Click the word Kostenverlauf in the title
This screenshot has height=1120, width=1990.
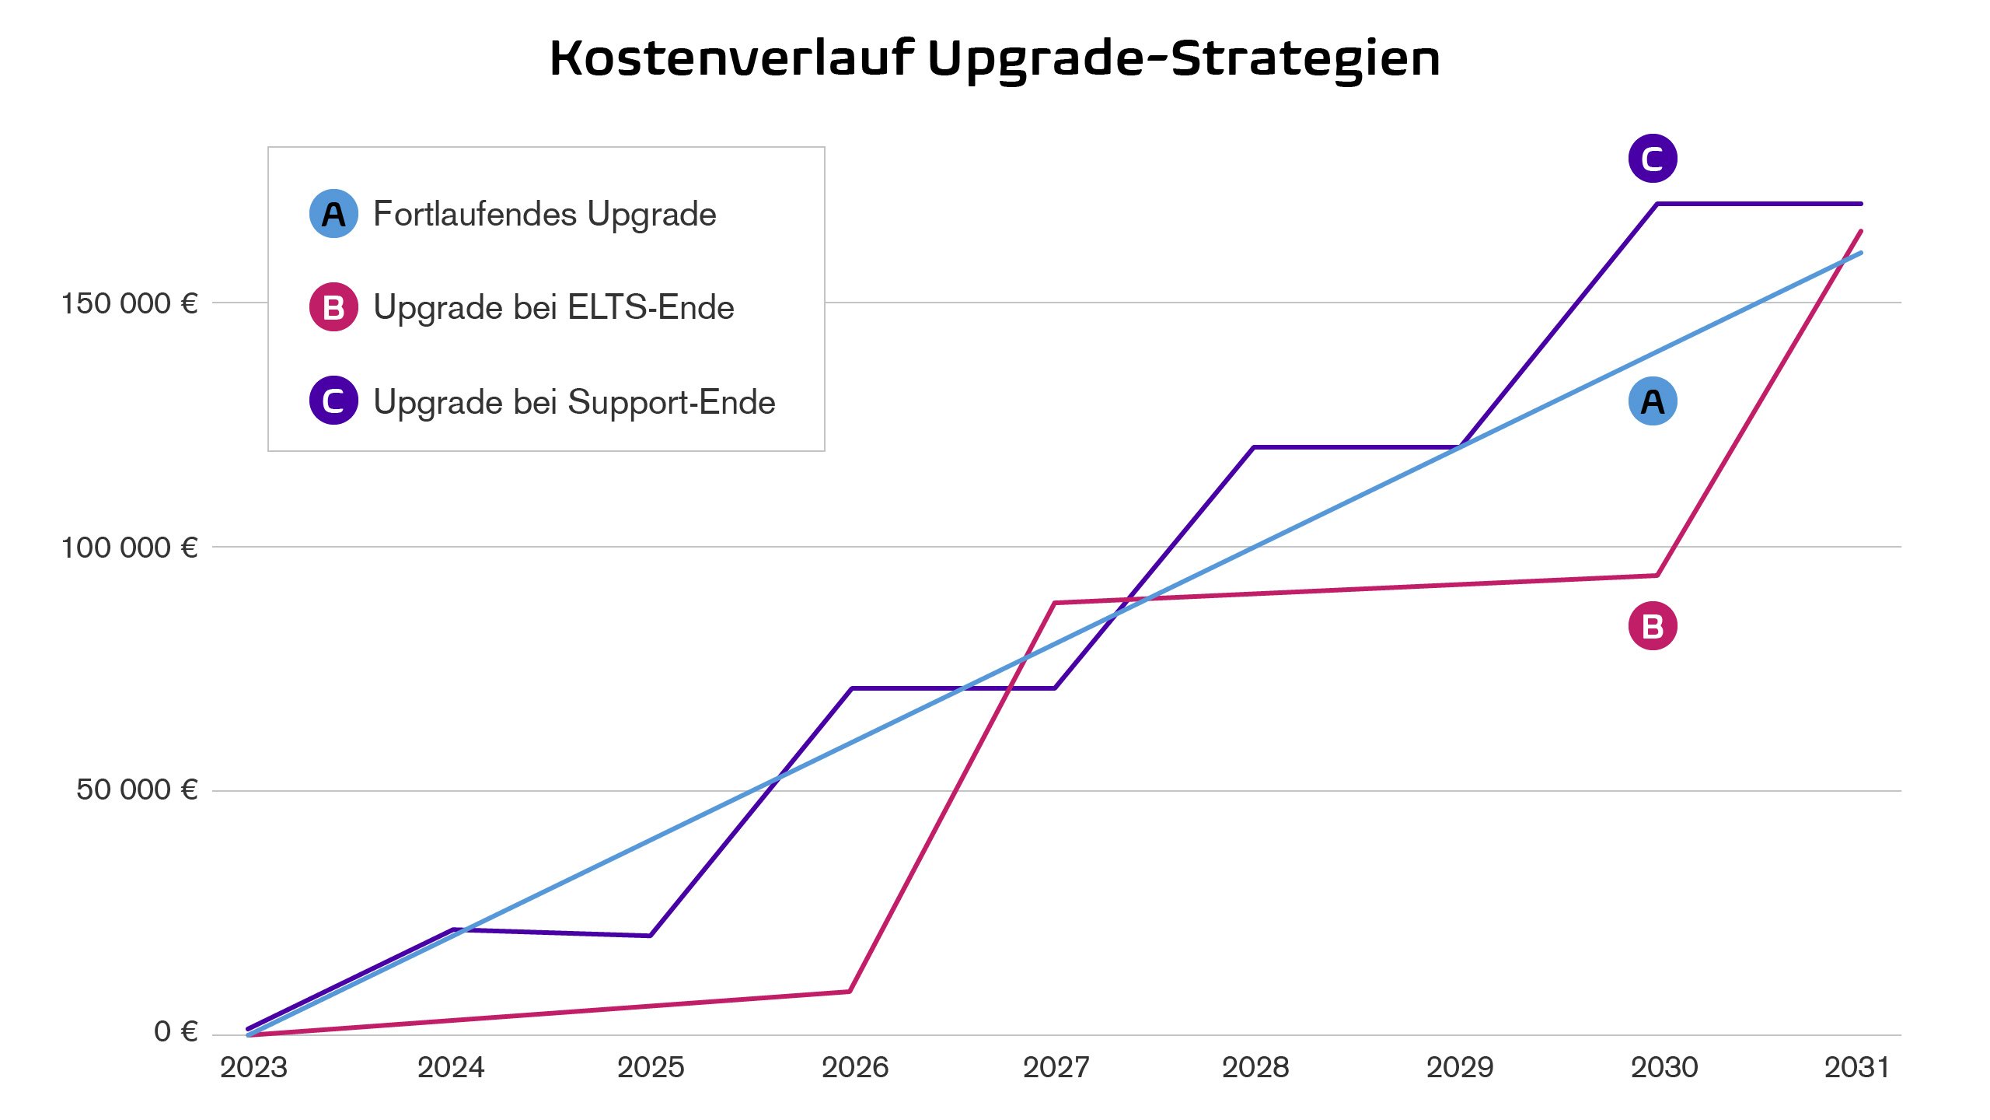point(731,58)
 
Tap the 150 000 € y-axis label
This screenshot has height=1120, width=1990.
point(129,303)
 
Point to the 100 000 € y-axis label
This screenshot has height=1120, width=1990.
point(129,548)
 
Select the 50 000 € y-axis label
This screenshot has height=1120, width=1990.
point(137,789)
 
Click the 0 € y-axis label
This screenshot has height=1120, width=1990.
point(176,1031)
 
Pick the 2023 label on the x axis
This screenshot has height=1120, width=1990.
point(253,1068)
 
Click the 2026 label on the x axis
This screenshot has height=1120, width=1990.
point(854,1068)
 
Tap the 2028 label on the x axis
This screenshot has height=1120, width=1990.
point(1255,1068)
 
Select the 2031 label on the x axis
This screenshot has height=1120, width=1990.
point(1856,1068)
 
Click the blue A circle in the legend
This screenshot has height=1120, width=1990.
point(333,214)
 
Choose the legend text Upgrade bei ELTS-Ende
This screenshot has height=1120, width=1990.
point(553,307)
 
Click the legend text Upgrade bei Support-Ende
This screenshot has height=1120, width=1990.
point(574,402)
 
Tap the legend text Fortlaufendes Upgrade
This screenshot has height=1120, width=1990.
point(544,214)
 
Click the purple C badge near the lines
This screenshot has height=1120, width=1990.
point(1653,159)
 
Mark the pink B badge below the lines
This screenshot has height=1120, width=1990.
point(1653,626)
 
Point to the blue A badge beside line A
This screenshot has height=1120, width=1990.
point(1653,401)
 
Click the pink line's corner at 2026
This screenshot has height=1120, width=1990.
point(850,991)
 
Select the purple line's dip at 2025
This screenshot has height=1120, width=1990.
point(650,935)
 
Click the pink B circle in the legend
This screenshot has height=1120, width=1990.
point(333,307)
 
